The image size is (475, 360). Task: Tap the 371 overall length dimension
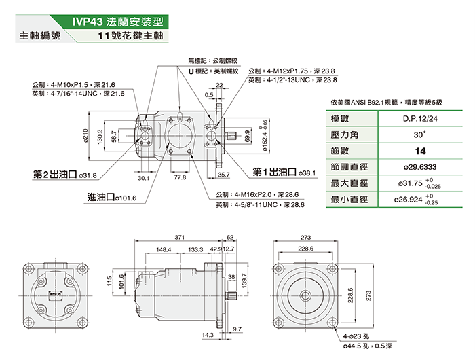pos(179,238)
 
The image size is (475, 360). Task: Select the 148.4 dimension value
pos(163,249)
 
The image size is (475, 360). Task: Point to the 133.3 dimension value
pos(196,249)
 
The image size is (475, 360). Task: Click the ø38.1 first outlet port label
pos(307,173)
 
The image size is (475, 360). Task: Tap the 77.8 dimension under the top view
pos(180,177)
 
